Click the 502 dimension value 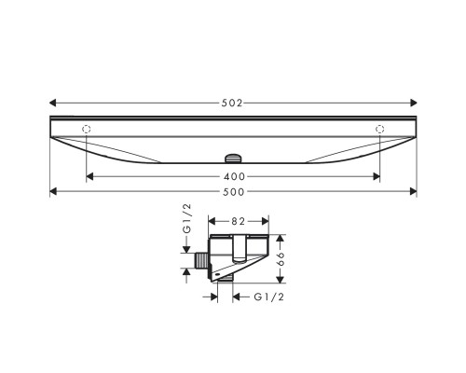point(232,103)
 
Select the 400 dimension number point(232,176)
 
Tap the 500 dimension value point(232,192)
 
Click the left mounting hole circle point(86,128)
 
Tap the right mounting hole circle point(379,128)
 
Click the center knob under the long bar point(233,157)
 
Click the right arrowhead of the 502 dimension point(413,103)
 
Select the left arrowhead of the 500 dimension point(53,192)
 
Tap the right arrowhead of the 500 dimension point(412,192)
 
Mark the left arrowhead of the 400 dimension point(89,176)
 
